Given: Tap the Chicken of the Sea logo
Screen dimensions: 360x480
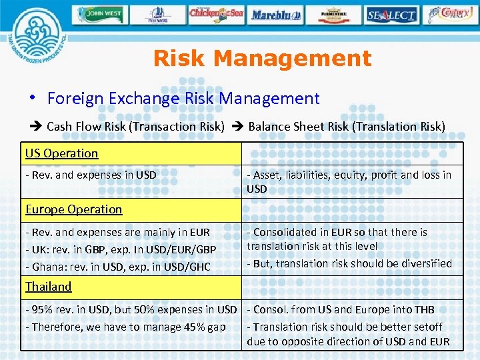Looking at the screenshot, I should (217, 14).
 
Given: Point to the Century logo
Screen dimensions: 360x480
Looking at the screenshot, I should (452, 14).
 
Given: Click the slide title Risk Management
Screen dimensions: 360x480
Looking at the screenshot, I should (262, 59).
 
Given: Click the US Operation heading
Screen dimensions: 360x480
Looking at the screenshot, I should (61, 153).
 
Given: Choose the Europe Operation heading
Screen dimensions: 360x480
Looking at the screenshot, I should (73, 209).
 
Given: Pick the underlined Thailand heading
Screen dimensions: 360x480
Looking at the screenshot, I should (48, 287).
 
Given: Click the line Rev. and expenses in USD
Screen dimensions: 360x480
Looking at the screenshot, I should (91, 175).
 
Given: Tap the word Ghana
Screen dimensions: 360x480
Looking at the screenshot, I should (46, 267).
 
